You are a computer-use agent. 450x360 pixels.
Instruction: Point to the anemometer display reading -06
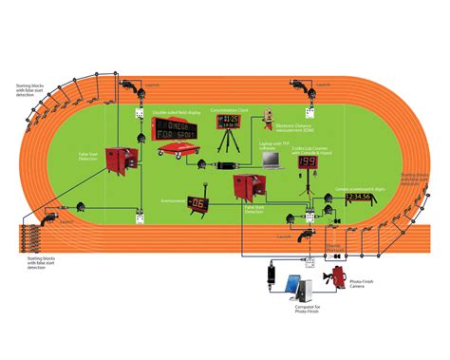[197, 202]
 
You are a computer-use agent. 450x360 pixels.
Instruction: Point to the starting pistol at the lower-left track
[83, 205]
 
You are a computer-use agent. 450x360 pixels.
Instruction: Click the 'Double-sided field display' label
[177, 112]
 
